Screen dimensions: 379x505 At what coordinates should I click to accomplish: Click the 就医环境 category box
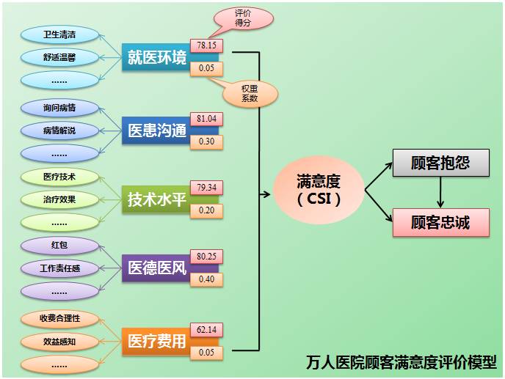[x=156, y=57]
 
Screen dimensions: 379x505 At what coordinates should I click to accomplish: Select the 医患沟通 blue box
[x=156, y=130]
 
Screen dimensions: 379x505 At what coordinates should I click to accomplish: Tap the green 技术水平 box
[x=156, y=199]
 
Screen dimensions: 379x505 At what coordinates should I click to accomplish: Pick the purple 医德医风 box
[x=156, y=268]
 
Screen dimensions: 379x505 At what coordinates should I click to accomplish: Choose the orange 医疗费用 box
[x=156, y=342]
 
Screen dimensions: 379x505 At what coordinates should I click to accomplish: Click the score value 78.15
[x=206, y=45]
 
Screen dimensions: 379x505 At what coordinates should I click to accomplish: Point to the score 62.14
[x=206, y=330]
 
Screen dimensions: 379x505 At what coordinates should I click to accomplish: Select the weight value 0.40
[x=206, y=279]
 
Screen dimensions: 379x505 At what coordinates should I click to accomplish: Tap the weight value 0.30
[x=206, y=141]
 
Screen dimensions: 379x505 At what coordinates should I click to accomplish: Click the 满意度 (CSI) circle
[x=319, y=188]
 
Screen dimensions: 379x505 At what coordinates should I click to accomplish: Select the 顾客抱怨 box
[x=440, y=163]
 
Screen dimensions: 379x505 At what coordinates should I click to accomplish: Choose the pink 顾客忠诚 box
[x=440, y=221]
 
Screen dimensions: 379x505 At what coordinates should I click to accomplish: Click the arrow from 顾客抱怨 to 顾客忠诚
[x=440, y=192]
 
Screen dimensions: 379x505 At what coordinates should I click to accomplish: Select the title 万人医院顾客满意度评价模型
[x=402, y=362]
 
